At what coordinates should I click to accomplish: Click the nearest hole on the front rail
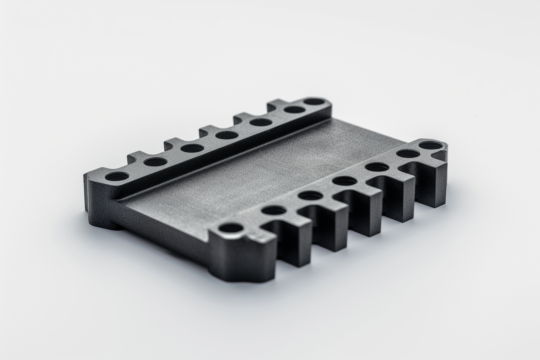[231, 228]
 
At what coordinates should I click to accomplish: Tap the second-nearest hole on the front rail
[274, 210]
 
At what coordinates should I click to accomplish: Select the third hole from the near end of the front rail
[311, 196]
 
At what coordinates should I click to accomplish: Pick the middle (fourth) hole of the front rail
[345, 181]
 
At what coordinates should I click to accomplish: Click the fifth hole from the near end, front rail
[377, 167]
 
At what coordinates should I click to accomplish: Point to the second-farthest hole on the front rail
[408, 153]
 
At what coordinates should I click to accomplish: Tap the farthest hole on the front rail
[431, 145]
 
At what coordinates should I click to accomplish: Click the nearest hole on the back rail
[117, 176]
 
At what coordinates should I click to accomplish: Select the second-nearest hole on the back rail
[155, 162]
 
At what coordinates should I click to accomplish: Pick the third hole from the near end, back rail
[192, 148]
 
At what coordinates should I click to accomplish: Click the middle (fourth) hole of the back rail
[227, 135]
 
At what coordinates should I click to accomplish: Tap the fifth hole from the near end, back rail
[261, 122]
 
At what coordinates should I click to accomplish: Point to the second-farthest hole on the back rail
[295, 110]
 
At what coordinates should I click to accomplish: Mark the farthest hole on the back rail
[315, 102]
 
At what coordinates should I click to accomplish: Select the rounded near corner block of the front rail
[241, 257]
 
